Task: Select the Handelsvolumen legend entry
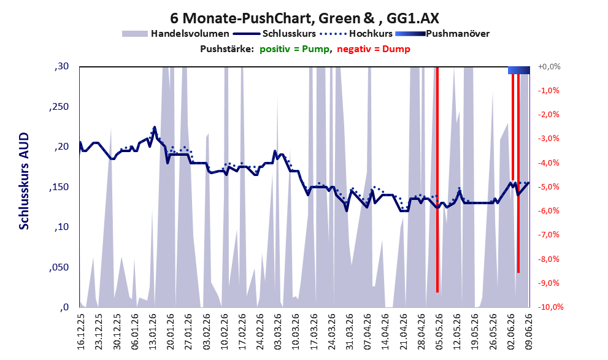[175, 34]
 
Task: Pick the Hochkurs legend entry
[356, 34]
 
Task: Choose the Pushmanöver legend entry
[442, 34]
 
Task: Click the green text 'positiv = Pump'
[294, 49]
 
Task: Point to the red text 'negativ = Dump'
[374, 49]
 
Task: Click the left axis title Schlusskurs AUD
[24, 181]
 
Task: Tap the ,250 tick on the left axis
[59, 107]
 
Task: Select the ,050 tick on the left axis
[59, 267]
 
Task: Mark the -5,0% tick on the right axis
[548, 187]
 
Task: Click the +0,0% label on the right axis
[549, 67]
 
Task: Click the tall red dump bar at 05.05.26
[437, 180]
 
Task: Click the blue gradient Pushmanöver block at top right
[519, 70]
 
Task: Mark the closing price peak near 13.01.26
[155, 127]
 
